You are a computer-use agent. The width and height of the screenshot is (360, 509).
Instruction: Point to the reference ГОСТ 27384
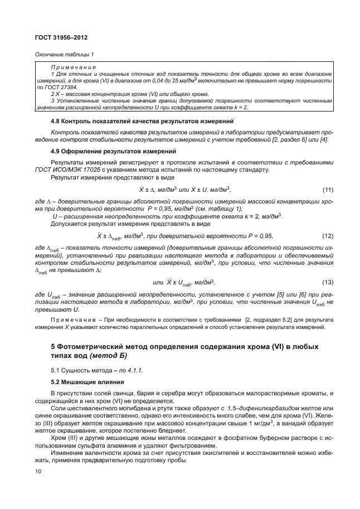(x=64, y=88)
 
